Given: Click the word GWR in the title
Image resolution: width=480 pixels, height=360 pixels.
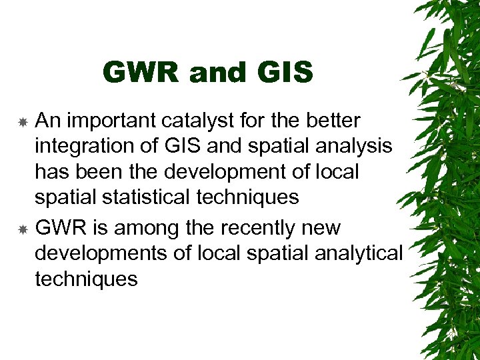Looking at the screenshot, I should [141, 73].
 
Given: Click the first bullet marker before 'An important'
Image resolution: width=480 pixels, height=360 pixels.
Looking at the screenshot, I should [23, 123].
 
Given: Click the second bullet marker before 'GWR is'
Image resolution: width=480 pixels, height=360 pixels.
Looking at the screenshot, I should [23, 229].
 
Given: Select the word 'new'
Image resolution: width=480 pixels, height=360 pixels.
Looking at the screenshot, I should [322, 228].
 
